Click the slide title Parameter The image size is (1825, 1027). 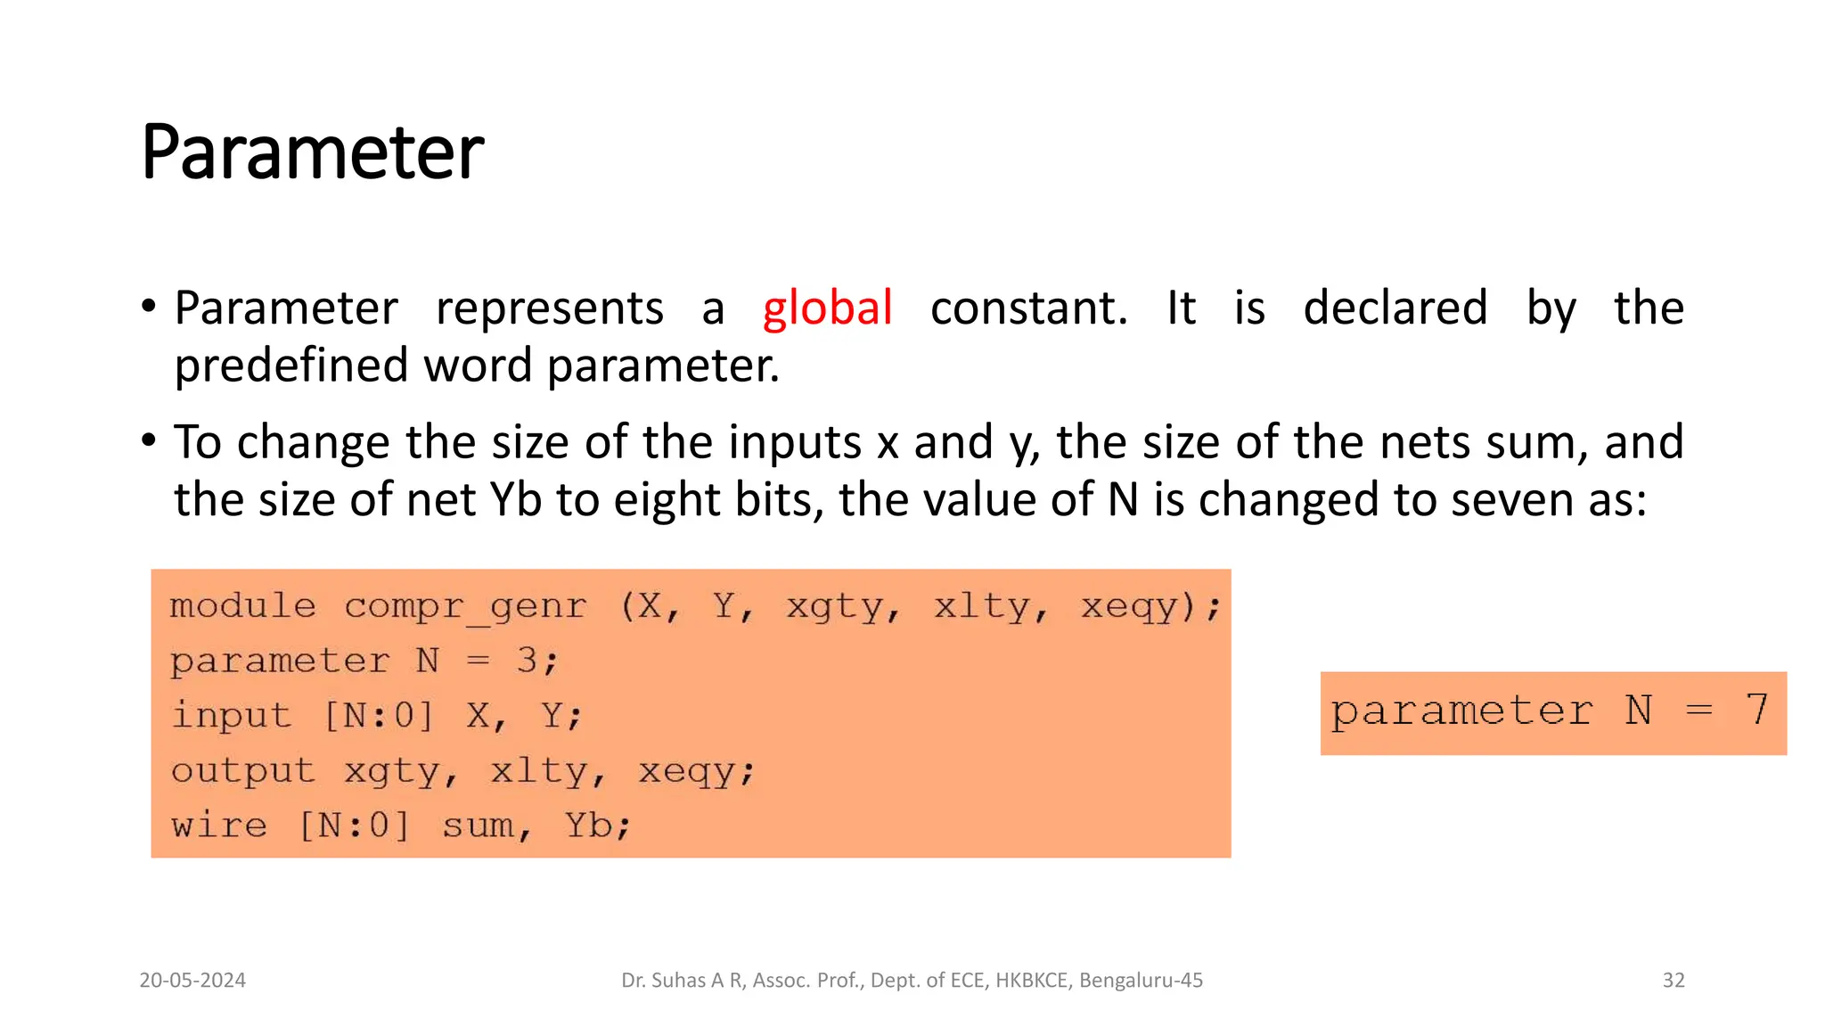[x=312, y=152]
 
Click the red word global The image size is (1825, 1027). [x=827, y=308]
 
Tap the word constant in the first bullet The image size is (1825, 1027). [x=1028, y=308]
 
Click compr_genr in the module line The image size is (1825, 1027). [x=465, y=606]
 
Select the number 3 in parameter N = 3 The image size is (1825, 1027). [x=527, y=661]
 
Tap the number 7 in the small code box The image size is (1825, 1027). [x=1756, y=711]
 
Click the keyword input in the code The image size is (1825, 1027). [x=231, y=715]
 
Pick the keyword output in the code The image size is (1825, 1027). [x=242, y=770]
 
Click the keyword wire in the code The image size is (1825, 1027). [x=219, y=826]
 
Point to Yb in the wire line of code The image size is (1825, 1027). [x=588, y=826]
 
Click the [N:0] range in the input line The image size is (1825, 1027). [x=378, y=715]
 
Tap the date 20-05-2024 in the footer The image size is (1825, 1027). [x=192, y=981]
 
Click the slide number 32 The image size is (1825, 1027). [x=1674, y=981]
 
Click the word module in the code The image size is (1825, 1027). [x=242, y=606]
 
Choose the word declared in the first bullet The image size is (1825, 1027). [x=1395, y=308]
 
